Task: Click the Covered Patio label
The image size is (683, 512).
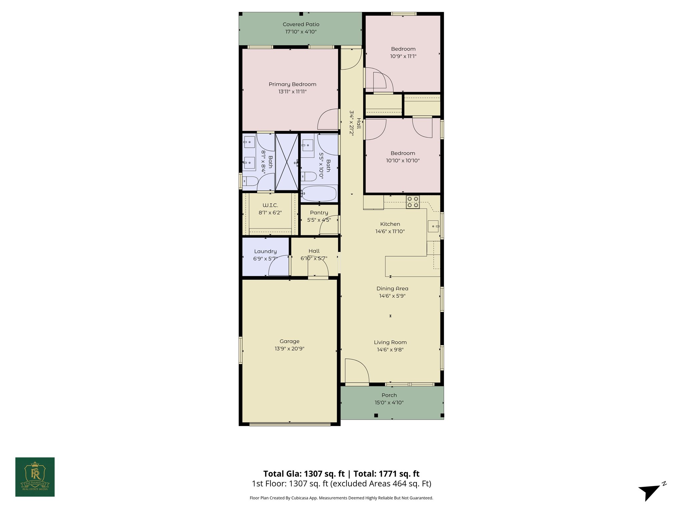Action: (301, 24)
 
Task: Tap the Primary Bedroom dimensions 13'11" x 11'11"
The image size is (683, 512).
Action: (292, 92)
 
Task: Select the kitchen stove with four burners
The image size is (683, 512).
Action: (413, 202)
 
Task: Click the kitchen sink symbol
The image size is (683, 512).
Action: (434, 226)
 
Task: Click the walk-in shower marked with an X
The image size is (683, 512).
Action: (286, 162)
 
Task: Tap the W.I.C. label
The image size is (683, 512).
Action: (270, 205)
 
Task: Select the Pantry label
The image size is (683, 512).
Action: (319, 213)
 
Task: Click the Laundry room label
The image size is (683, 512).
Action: (265, 251)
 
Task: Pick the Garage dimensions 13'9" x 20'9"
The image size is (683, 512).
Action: (289, 349)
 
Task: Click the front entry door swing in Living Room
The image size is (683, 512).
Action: (356, 371)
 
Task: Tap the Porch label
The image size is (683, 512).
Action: (389, 395)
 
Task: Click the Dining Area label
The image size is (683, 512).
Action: (392, 289)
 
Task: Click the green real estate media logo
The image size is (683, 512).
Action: (35, 477)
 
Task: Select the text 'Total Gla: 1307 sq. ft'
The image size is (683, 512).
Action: (304, 474)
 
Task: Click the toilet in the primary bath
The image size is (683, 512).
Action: (250, 181)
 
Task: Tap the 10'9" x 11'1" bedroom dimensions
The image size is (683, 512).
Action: (403, 56)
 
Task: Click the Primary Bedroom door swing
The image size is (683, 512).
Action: (328, 120)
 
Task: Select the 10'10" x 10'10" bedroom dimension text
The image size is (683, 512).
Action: (403, 161)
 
